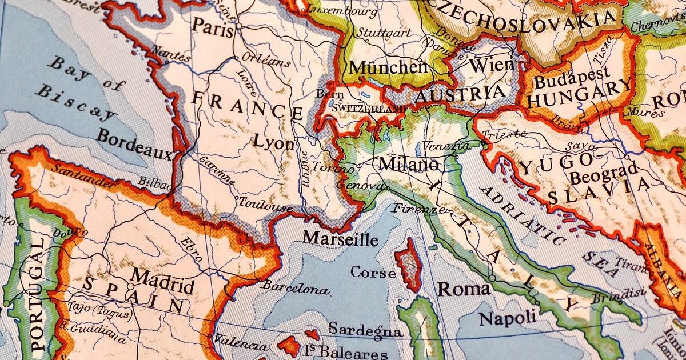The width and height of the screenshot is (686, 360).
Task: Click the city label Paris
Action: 212,26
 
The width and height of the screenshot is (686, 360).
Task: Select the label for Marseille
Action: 340,238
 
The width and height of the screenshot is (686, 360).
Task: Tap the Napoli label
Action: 508,318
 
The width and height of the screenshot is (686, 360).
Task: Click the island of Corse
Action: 409,265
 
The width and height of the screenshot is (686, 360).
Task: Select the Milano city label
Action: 409,165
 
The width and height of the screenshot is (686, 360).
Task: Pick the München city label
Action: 388,67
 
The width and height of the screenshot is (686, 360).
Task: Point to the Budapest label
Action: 572,79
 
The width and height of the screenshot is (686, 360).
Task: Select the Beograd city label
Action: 603,173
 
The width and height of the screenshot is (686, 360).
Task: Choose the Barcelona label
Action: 296,287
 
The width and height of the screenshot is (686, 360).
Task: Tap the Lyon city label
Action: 273,142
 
